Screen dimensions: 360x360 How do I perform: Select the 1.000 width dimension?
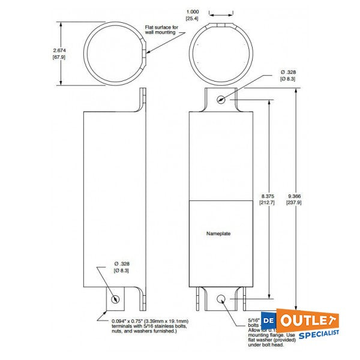pos(193,11)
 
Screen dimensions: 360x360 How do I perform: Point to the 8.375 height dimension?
pos(267,196)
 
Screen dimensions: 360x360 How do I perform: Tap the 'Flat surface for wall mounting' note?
pos(161,30)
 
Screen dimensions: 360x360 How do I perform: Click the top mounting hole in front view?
pos(222,100)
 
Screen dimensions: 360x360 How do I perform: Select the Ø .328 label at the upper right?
pos(288,76)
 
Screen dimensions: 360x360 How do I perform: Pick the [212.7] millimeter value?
pos(267,203)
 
